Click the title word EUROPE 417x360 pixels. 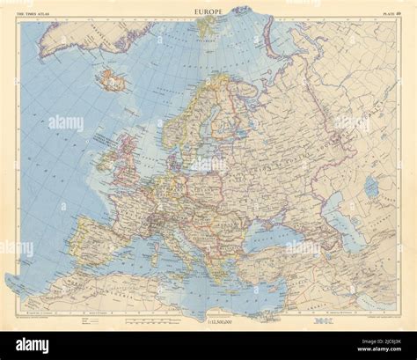point(208,11)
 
